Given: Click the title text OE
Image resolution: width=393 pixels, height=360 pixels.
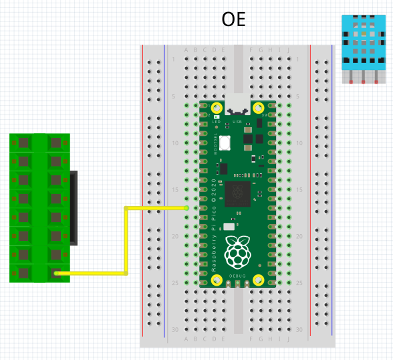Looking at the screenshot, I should coord(234,19).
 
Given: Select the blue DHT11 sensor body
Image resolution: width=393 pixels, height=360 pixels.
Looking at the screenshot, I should coord(363,41).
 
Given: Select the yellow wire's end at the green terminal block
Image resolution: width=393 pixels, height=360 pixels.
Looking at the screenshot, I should coord(56,273).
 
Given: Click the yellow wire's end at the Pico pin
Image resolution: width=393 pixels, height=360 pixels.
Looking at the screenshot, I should coord(186,208).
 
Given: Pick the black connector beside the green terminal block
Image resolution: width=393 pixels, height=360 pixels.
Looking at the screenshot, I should coord(74,207).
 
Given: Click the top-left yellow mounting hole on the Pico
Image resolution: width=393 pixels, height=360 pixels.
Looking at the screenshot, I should coord(217,108).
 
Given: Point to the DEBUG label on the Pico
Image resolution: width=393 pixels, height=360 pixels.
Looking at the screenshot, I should coord(238,275).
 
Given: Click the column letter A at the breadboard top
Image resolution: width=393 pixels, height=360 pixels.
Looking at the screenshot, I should coord(186,50).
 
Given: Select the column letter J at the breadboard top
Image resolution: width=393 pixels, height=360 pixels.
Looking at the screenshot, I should coord(288,50).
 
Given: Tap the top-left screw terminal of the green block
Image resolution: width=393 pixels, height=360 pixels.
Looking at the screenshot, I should coord(23,143).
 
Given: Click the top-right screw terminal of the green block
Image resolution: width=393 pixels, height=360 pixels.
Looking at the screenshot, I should coord(55,143).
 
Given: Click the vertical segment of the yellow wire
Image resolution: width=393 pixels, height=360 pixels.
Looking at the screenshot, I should coord(126,241).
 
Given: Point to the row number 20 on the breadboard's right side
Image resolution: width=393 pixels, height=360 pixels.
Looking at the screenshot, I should coord(300,236).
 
